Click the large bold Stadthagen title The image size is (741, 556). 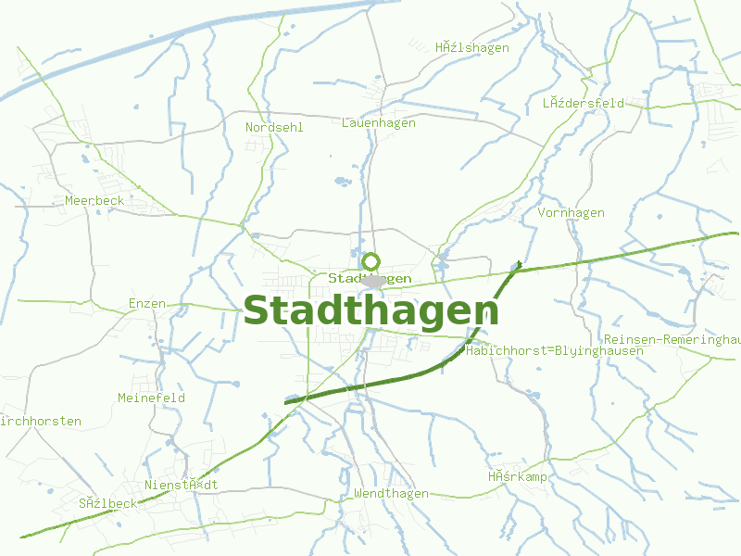tap(370, 310)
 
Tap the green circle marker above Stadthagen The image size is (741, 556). tap(371, 262)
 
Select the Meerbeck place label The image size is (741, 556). tap(94, 200)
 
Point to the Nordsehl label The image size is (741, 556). tap(274, 127)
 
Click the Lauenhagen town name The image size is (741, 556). tap(378, 122)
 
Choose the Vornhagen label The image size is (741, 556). tap(571, 213)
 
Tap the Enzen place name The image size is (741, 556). tap(147, 303)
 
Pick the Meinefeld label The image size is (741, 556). tap(151, 398)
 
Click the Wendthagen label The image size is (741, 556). tap(391, 494)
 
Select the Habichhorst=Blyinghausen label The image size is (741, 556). tap(543, 351)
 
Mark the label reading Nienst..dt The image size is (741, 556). tap(182, 485)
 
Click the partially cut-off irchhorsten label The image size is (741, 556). tap(41, 421)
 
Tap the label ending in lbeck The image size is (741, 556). tap(107, 503)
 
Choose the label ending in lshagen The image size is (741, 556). tap(472, 48)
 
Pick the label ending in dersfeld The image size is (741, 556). tap(584, 103)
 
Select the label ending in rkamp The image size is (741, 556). tap(518, 477)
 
